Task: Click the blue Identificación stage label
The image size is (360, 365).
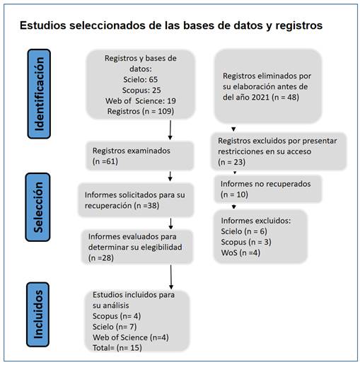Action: [x=39, y=94]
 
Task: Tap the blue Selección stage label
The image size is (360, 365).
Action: [x=38, y=207]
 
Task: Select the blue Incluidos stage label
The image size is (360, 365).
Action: [x=38, y=314]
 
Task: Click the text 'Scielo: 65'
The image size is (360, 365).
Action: [x=141, y=79]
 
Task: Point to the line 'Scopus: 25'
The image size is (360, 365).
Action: [x=141, y=90]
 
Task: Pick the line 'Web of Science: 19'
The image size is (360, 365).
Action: [x=141, y=100]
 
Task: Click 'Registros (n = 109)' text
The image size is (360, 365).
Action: [x=141, y=111]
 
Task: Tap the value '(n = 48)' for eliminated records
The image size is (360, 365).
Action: [x=285, y=97]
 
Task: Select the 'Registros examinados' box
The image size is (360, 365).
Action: [x=140, y=156]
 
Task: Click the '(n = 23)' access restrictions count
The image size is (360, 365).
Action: [x=232, y=162]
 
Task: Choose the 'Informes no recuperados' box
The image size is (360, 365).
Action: [x=268, y=189]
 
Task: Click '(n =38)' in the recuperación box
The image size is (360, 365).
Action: [x=146, y=205]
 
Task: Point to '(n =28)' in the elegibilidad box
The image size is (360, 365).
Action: [x=101, y=257]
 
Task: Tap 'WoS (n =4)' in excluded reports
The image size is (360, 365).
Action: [x=240, y=253]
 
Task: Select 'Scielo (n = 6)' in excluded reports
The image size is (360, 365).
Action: [x=244, y=231]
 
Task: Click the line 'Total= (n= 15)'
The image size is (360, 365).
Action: [x=117, y=347]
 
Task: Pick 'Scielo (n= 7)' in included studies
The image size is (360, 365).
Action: [x=115, y=327]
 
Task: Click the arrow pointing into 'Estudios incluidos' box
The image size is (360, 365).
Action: [x=171, y=277]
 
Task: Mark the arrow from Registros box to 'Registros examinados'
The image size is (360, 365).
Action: [x=170, y=130]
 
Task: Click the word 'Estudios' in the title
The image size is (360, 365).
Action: [x=42, y=25]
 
